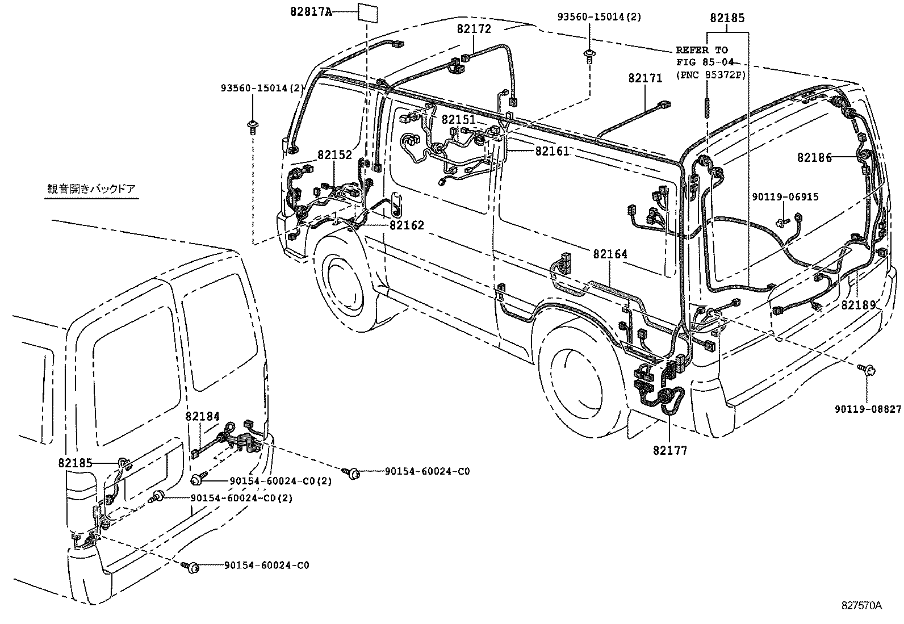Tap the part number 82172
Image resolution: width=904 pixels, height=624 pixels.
pos(474,28)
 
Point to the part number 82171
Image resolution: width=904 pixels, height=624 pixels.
pos(644,78)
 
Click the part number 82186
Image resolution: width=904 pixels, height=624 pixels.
pos(814,157)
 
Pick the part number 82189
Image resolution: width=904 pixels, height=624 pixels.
pos(859,305)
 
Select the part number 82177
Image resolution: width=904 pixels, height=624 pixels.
pos(669,450)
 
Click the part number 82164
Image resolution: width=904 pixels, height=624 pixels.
pos(610,254)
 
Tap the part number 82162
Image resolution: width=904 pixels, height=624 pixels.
pos(407,225)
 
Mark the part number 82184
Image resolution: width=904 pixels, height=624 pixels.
pos(202,417)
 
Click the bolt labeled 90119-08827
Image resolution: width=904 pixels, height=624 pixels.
pos(869,370)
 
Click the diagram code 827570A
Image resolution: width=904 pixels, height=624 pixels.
pos(861,605)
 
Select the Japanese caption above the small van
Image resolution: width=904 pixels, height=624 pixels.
pos(91,189)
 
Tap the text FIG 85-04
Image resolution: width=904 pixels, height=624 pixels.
pos(704,62)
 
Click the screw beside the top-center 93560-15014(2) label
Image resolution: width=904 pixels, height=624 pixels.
pos(589,55)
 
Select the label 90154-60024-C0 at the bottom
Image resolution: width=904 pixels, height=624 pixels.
pos(266,566)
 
